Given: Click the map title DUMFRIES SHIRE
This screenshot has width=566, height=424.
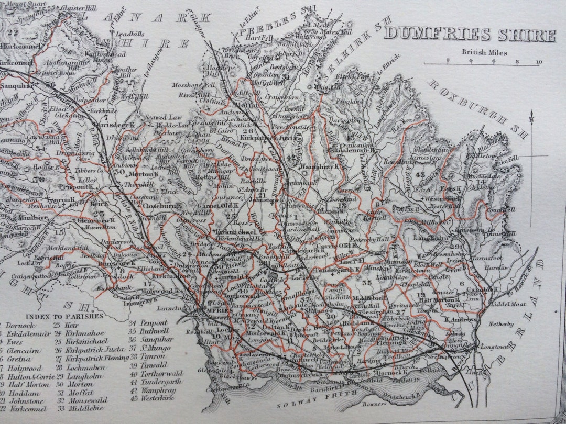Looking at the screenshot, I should tap(470, 35).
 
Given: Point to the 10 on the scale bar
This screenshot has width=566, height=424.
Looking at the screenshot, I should tap(539, 61).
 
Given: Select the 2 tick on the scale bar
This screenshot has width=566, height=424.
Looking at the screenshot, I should tap(448, 61).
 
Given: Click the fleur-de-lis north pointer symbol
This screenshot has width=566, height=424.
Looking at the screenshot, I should tap(533, 116).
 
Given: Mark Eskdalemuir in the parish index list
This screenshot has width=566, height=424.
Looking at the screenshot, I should tap(27, 332).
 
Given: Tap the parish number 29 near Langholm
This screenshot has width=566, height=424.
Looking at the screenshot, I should tap(455, 246).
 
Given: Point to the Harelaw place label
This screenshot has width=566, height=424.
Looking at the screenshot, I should tap(482, 267).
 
